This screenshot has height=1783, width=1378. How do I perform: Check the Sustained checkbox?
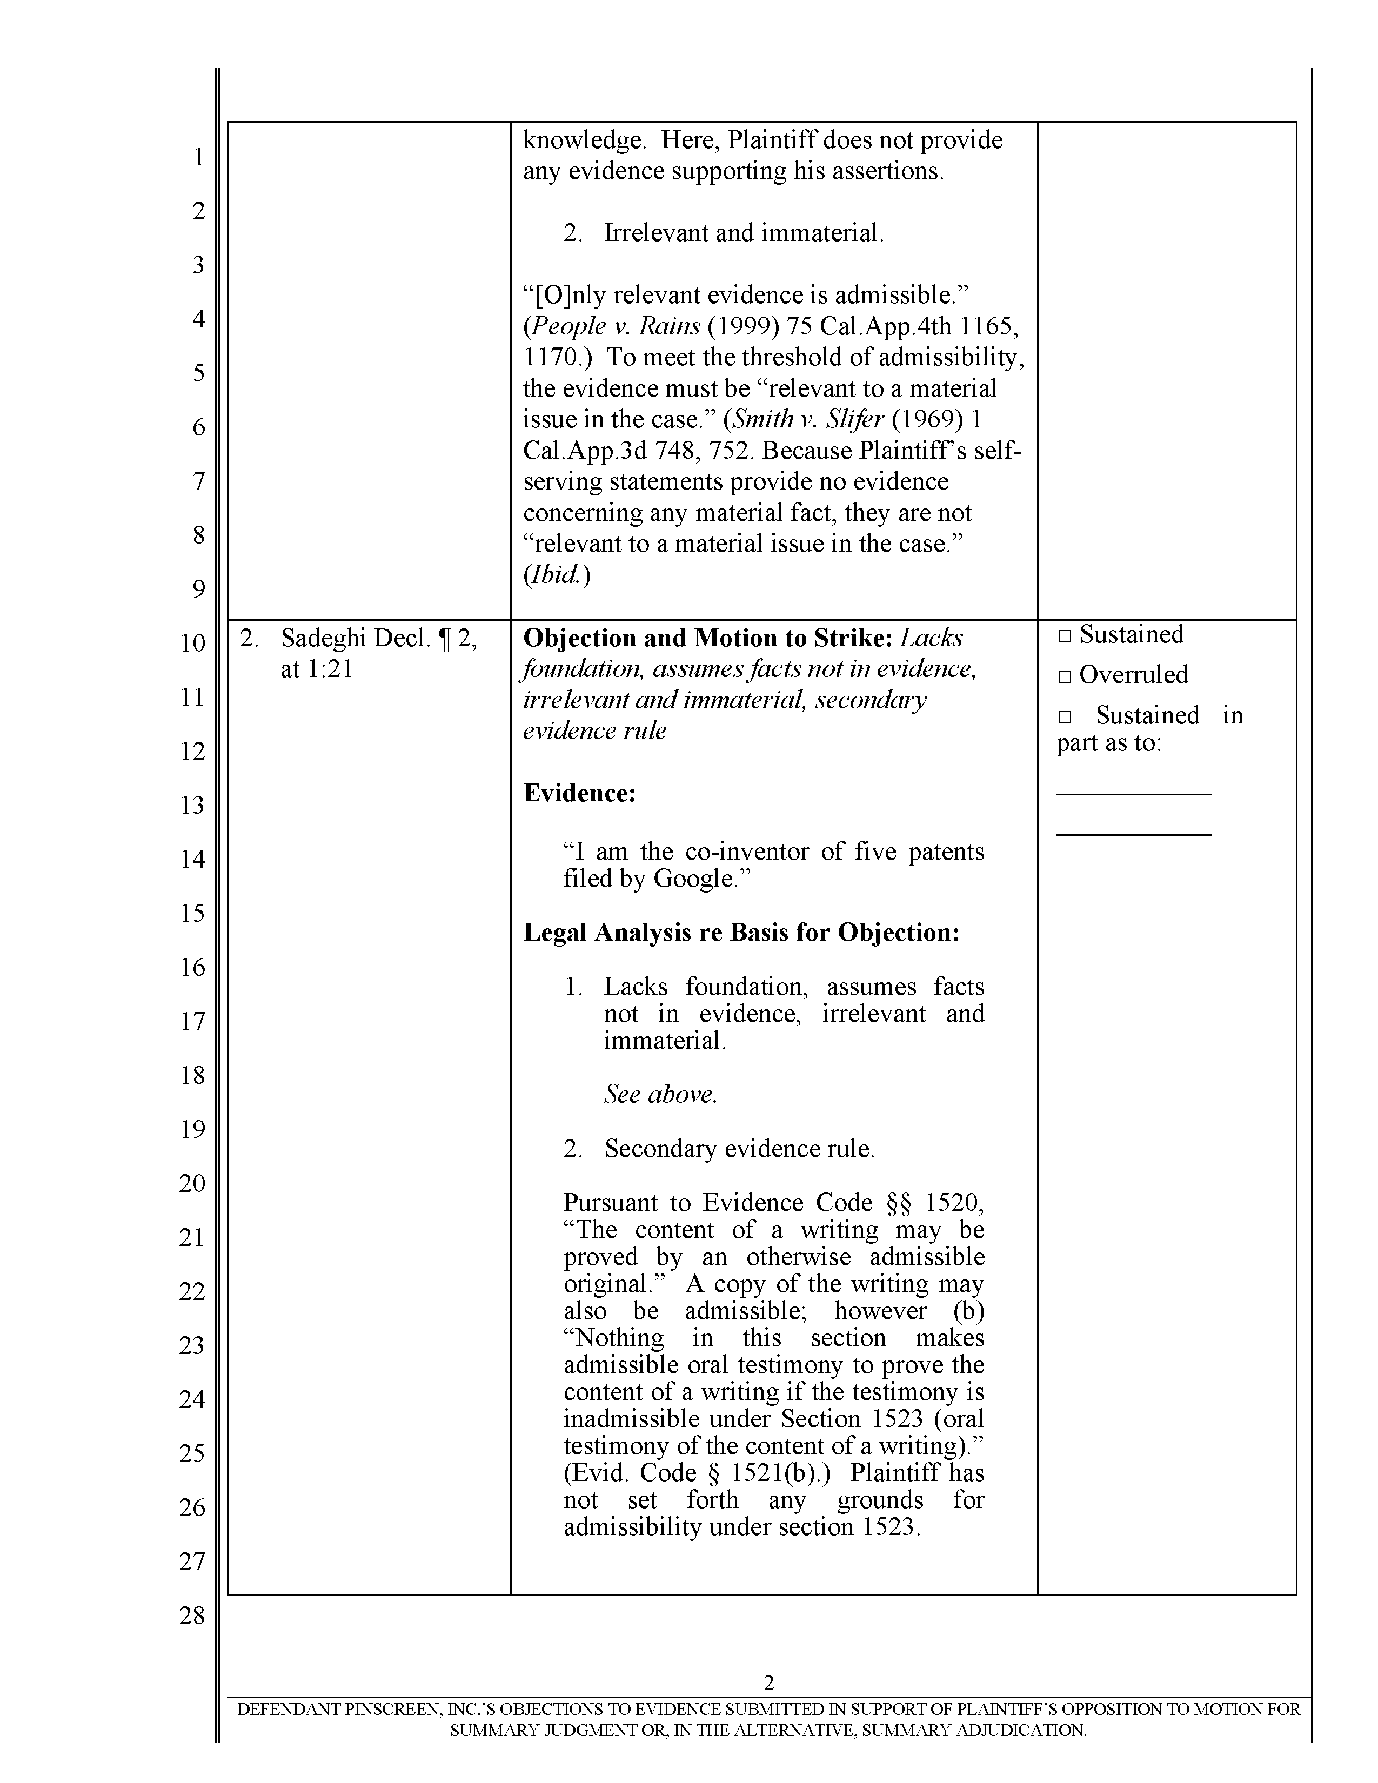pyautogui.click(x=1063, y=636)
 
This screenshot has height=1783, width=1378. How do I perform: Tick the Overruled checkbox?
pyautogui.click(x=1063, y=676)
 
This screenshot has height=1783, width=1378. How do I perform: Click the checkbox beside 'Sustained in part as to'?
pyautogui.click(x=1063, y=717)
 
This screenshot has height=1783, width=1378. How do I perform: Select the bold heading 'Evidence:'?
pyautogui.click(x=579, y=793)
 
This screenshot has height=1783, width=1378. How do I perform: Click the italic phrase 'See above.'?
pyautogui.click(x=660, y=1094)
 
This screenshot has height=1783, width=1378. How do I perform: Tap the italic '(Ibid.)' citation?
pyautogui.click(x=556, y=575)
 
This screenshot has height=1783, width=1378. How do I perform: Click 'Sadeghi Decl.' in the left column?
pyautogui.click(x=355, y=639)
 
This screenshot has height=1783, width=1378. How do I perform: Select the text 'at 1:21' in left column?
pyautogui.click(x=316, y=669)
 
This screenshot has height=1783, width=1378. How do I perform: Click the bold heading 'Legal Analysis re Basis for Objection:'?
pyautogui.click(x=741, y=933)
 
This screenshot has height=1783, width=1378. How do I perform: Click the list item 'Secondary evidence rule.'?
pyautogui.click(x=739, y=1149)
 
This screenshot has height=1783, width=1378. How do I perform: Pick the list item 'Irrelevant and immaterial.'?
pyautogui.click(x=744, y=233)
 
